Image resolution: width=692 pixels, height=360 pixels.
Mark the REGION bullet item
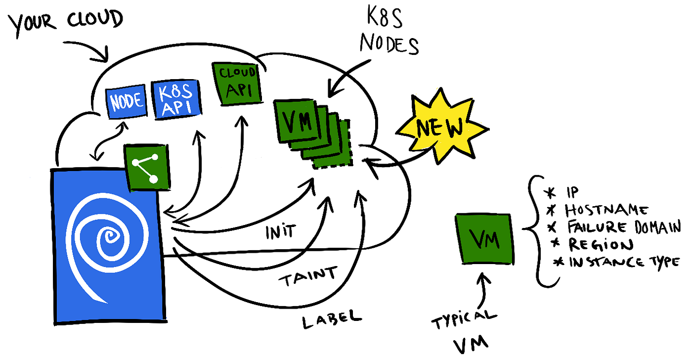click(x=594, y=245)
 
